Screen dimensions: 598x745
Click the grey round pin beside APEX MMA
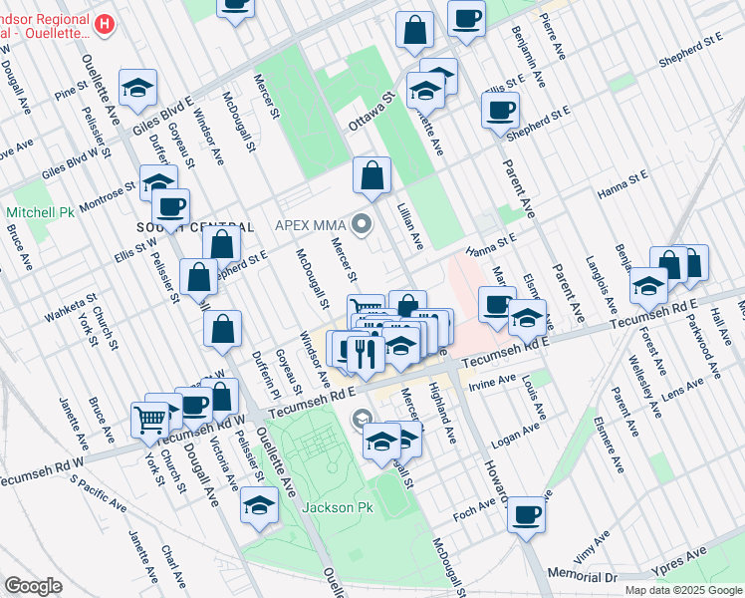coord(364,225)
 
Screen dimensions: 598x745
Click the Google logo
coord(33,586)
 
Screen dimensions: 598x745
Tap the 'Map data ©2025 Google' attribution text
coord(682,590)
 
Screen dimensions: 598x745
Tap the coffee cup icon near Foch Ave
coord(526,515)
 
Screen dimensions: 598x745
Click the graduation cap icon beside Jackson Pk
coord(259,505)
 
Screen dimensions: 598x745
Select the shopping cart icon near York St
coord(149,419)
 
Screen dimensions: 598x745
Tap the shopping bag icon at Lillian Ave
coord(372,175)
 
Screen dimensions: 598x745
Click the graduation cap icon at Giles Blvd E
coord(138,87)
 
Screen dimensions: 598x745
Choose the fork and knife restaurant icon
coord(365,353)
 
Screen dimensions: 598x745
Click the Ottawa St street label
coord(372,115)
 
